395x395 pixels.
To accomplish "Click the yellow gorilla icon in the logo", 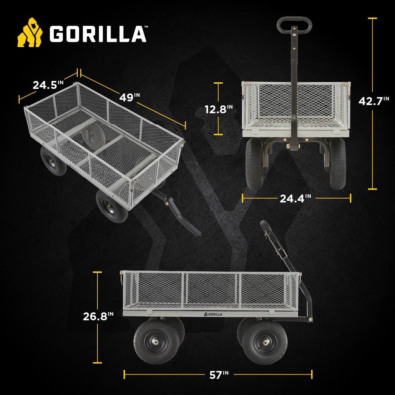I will (30, 33).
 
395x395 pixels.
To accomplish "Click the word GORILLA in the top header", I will (97, 34).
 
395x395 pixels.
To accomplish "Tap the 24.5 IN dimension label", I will (48, 85).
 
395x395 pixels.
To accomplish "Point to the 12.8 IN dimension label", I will (219, 109).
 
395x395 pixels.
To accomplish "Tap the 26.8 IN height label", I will (98, 316).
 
